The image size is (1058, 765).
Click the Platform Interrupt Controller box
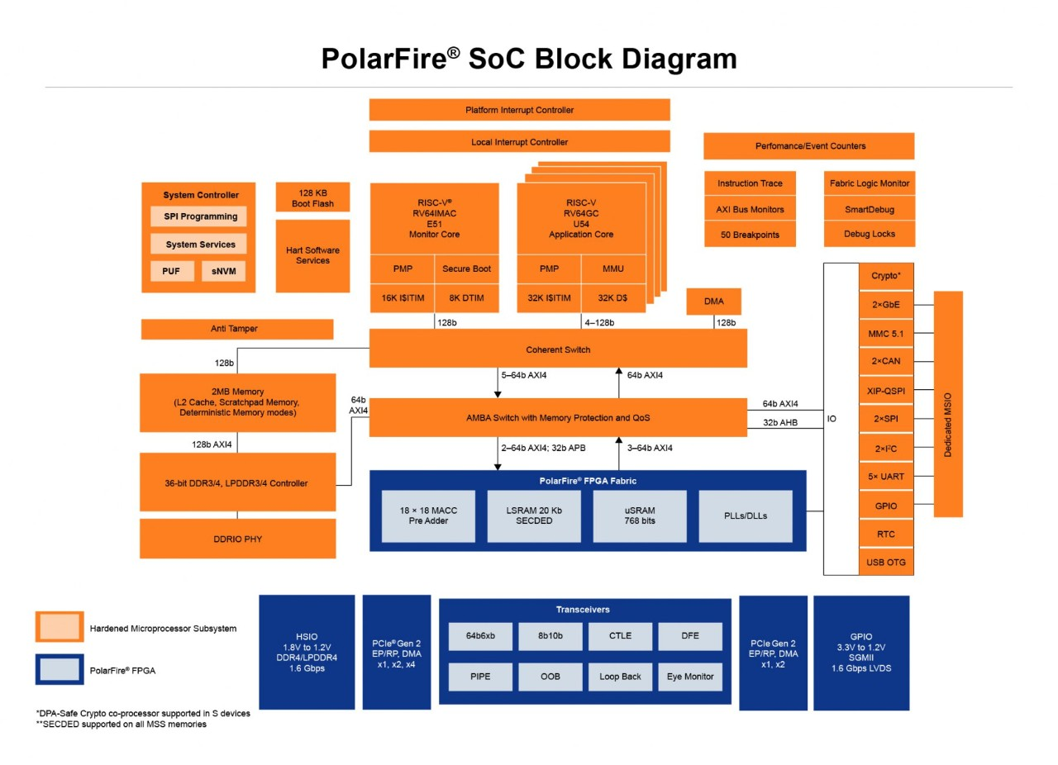(519, 110)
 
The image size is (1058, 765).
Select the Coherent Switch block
(558, 349)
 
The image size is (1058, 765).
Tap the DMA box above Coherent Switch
(713, 302)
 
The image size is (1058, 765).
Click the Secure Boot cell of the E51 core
(466, 268)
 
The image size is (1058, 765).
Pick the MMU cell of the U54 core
(612, 268)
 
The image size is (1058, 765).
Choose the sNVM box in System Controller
(223, 271)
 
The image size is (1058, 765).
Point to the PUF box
(171, 271)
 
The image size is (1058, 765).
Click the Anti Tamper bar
(237, 329)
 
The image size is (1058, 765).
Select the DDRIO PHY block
(237, 539)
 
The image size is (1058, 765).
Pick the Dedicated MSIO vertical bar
(948, 403)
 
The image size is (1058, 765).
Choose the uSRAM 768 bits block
(640, 516)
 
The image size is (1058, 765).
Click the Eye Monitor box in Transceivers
(690, 677)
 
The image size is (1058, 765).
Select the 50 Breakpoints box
(750, 235)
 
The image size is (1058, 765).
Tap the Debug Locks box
(869, 234)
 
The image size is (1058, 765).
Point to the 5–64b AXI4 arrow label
(524, 375)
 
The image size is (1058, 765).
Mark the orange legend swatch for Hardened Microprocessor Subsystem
(60, 627)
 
